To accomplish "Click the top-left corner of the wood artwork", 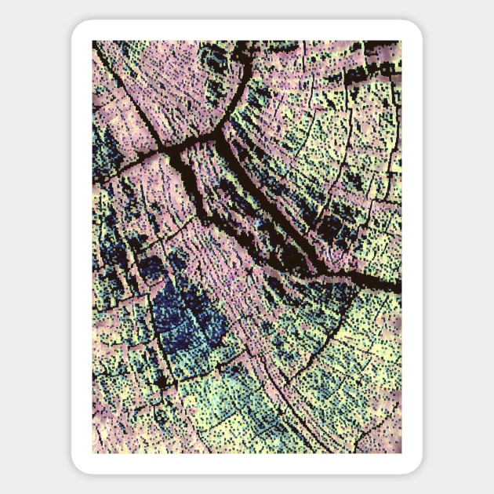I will [93, 42].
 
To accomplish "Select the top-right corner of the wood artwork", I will [401, 42].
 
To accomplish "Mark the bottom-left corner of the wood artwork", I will [93, 452].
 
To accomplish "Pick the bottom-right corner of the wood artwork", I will [401, 452].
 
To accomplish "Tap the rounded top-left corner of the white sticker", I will [79, 28].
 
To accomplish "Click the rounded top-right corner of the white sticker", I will [415, 28].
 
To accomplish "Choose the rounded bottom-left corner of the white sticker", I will [79, 466].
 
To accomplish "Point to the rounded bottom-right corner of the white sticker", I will [415, 466].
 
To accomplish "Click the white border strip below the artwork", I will [247, 463].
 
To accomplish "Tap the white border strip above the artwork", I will [247, 31].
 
